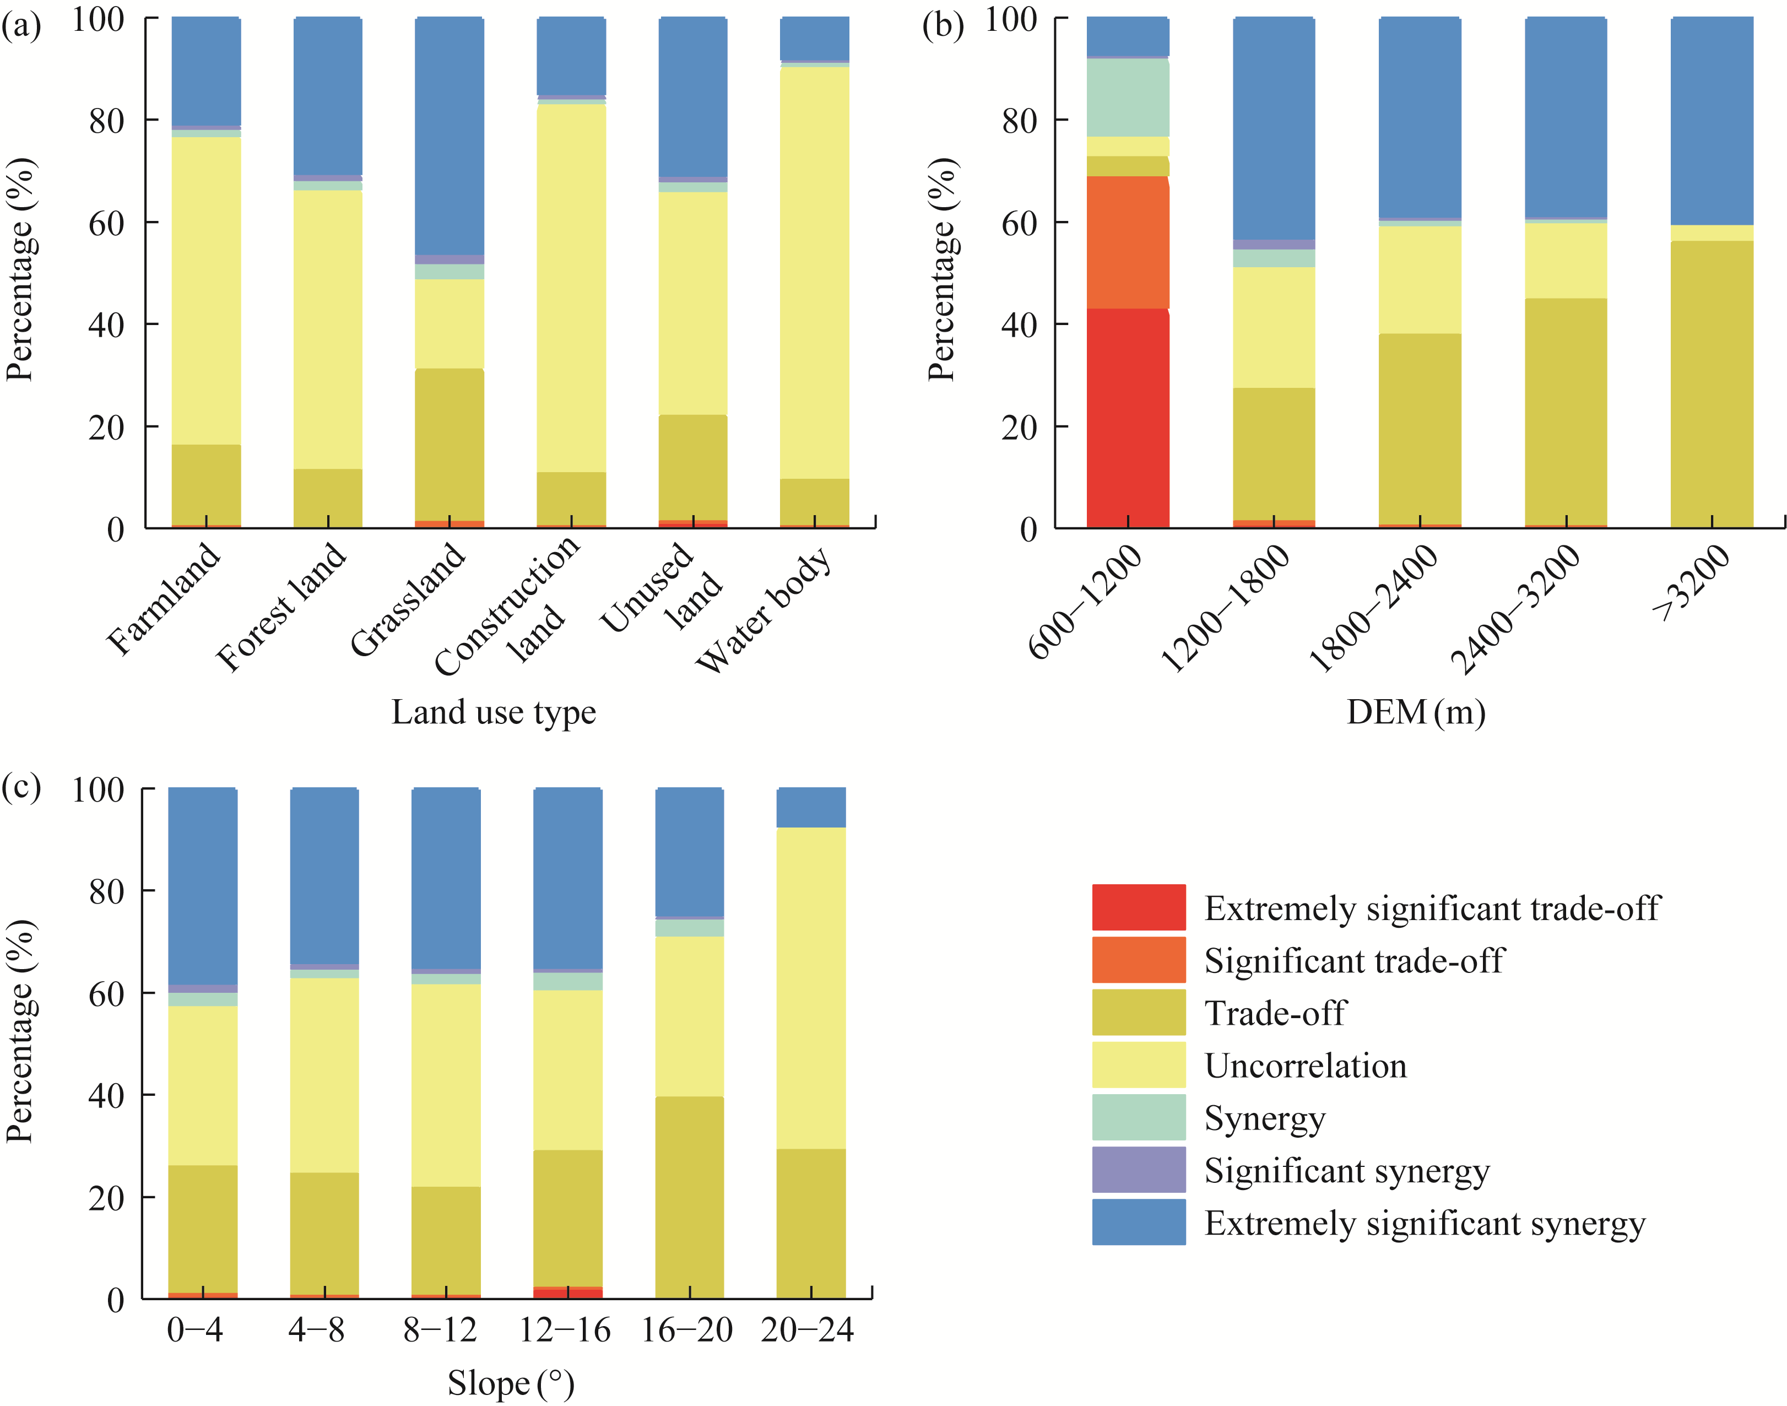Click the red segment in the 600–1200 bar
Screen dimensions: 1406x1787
[x=1127, y=418]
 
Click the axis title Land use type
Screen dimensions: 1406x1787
[x=493, y=712]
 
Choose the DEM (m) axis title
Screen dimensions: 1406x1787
[x=1415, y=712]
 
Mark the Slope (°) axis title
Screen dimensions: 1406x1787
[x=510, y=1383]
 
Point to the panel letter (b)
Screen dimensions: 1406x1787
[x=943, y=25]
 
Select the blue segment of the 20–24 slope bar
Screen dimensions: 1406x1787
[x=811, y=807]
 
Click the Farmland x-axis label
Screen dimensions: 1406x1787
[x=164, y=599]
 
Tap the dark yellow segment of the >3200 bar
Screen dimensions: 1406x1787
[x=1712, y=383]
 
